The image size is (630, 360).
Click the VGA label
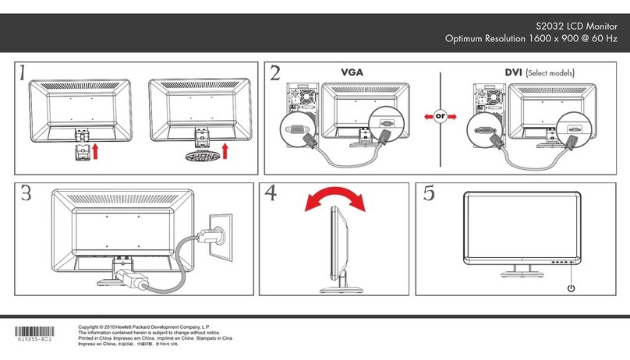pyautogui.click(x=352, y=73)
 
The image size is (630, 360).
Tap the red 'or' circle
pyautogui.click(x=440, y=116)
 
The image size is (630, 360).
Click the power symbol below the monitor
pyautogui.click(x=572, y=288)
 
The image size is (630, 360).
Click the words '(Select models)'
pyautogui.click(x=550, y=74)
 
